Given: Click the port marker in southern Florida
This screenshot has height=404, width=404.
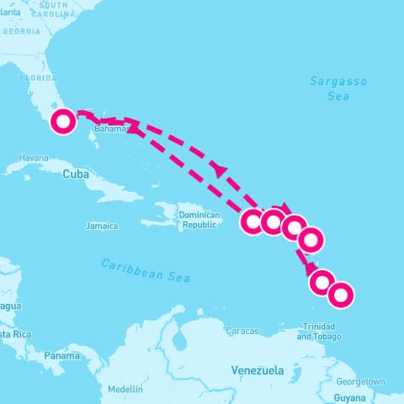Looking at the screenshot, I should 62,121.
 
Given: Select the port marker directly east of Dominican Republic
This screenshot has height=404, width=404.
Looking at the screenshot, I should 252,221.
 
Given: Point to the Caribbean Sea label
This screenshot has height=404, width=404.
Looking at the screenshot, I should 146,270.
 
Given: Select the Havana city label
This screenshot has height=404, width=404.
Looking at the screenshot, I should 34,157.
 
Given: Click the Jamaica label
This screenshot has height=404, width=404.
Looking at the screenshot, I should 102,226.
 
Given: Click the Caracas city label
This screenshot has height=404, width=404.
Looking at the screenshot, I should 242,331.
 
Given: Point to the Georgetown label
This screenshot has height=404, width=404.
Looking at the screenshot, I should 364,380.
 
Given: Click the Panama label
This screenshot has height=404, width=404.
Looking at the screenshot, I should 61,355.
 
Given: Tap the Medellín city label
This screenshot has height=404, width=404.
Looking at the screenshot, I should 125,389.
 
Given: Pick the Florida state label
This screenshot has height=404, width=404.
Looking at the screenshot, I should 37,77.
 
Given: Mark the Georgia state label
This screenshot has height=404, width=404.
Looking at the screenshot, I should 21,31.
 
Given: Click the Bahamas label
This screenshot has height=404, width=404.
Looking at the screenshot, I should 110,130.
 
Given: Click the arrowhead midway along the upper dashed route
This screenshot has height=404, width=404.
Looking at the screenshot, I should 221,170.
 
